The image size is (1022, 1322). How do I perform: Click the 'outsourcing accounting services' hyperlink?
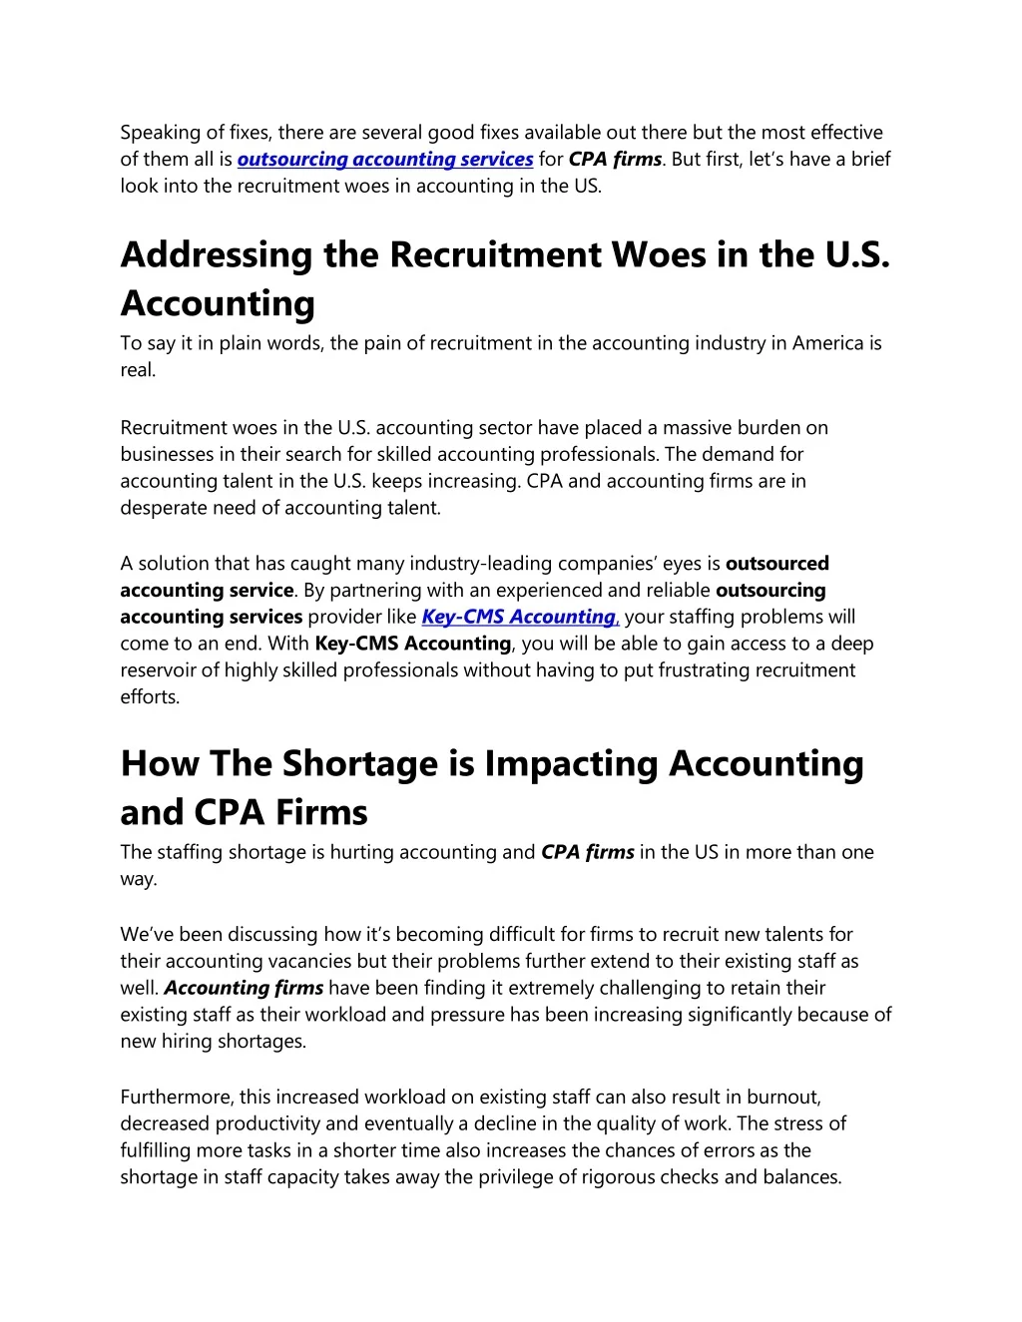tap(385, 160)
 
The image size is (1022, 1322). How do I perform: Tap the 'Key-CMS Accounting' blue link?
tap(519, 618)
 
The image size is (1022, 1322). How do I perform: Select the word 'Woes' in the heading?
tap(659, 255)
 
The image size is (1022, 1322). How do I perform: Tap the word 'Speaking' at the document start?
tap(160, 133)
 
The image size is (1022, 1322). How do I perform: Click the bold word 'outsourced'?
tap(777, 564)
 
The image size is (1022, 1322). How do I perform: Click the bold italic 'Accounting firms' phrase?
tap(244, 989)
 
